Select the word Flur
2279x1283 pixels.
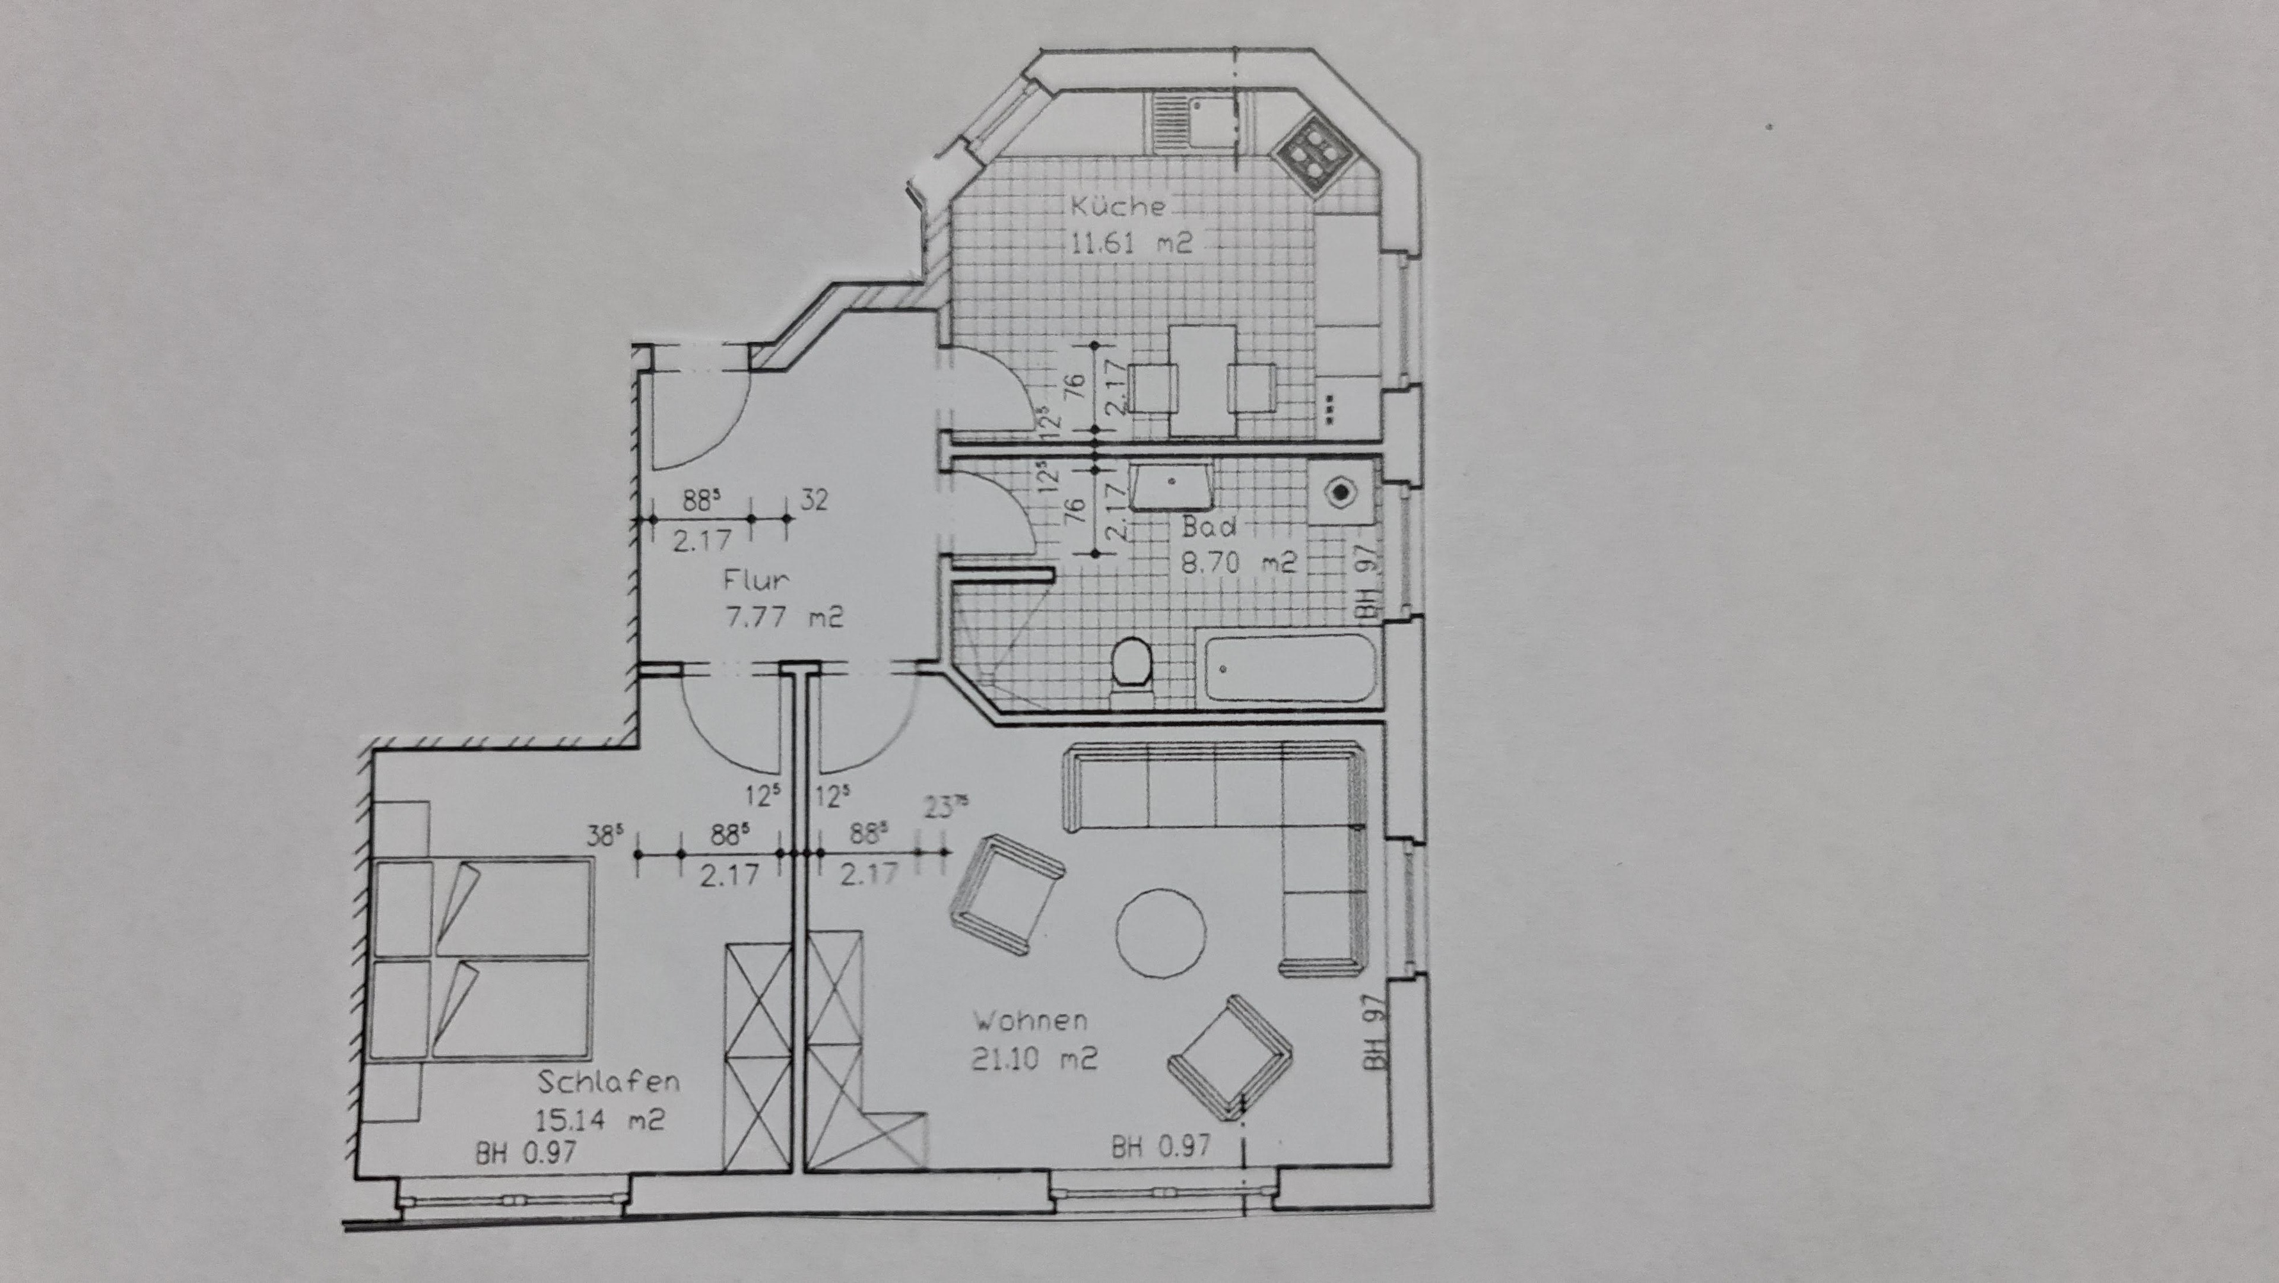(757, 580)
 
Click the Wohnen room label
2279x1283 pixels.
(1031, 1021)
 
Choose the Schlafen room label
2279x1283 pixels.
(609, 1081)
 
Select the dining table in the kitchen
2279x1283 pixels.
(1203, 380)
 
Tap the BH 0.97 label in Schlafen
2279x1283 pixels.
(526, 1153)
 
